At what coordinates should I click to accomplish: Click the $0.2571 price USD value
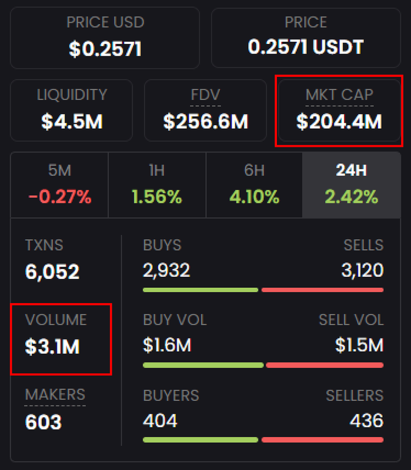point(105,49)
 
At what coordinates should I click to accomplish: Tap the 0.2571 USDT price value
point(306,48)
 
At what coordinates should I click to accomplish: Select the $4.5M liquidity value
point(72,122)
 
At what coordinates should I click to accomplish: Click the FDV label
point(205,95)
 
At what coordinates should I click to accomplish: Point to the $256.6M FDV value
point(205,122)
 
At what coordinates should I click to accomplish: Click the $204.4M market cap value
point(339,122)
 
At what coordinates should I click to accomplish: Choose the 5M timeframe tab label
point(59,171)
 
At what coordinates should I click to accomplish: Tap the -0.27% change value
point(59,197)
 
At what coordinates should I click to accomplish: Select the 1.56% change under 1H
point(156,197)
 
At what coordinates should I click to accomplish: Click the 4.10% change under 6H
point(255,197)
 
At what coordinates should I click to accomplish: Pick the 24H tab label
point(351,171)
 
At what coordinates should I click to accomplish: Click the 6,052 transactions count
point(52,272)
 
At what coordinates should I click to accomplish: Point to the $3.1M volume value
point(52,347)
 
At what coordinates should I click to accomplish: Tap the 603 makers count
point(43,422)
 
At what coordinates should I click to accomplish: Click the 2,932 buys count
point(166,270)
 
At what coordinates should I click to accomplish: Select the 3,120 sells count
point(362,270)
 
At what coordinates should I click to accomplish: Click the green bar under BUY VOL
point(203,365)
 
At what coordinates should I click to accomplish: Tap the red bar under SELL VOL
point(325,365)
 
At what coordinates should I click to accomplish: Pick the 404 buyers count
point(160,421)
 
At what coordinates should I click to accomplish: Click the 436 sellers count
point(366,421)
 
